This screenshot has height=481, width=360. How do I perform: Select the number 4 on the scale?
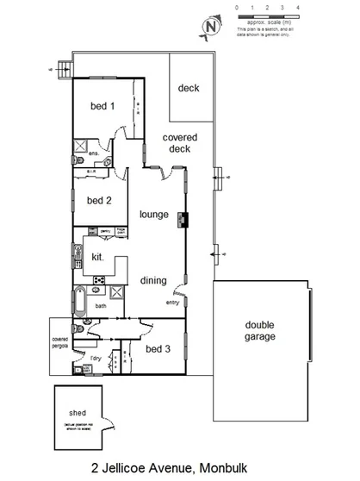click(297, 7)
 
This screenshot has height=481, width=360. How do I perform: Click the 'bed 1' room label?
click(102, 108)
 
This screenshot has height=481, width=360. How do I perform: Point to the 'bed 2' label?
click(100, 201)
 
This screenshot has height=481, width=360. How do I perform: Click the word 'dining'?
click(153, 280)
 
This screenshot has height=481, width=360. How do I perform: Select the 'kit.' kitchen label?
click(98, 257)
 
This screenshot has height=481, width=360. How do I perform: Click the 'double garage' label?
click(260, 330)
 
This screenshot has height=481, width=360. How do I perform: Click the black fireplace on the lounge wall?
click(182, 219)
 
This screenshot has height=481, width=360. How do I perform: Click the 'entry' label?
click(171, 303)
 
